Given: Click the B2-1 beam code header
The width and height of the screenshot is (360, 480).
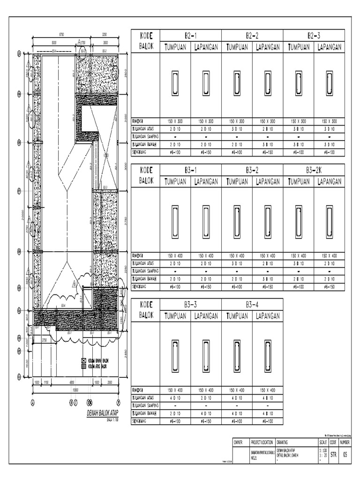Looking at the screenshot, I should (x=190, y=35).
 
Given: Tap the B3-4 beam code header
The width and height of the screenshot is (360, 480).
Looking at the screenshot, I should (x=252, y=304).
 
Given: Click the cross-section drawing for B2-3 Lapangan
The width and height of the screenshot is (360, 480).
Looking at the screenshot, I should (x=330, y=82).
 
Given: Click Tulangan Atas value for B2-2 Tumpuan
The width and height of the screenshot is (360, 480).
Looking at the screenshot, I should (x=237, y=128).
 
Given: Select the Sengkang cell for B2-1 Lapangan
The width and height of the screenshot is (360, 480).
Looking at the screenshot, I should (x=206, y=152).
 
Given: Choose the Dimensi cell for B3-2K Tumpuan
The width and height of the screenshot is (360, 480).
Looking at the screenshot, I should (x=299, y=255).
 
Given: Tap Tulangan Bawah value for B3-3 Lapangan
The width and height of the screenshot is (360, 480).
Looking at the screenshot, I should (x=206, y=413).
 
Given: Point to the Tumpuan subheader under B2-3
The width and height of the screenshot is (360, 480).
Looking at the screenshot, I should (x=299, y=47).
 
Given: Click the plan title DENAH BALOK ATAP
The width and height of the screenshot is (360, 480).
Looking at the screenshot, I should (x=102, y=412).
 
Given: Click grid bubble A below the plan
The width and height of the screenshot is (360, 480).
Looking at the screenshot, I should (x=33, y=401).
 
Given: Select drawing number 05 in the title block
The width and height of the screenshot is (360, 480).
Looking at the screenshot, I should (x=345, y=453).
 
